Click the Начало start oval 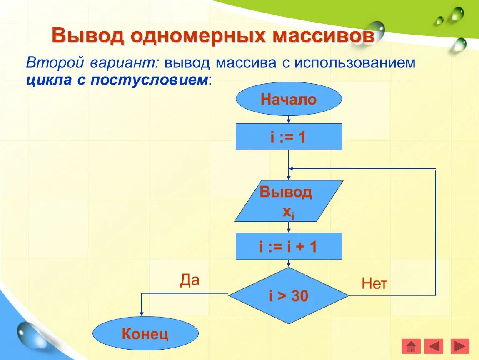pos(289,99)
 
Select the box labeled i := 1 pos(289,137)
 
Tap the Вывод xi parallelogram pos(289,201)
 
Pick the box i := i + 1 pos(289,246)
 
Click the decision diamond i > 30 pos(289,295)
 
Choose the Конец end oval pos(145,333)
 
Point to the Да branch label pos(190,280)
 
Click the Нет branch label pos(374,284)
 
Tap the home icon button pos(411,346)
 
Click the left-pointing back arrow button pos(434,346)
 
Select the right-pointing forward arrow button pos(460,346)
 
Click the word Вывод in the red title pos(88,36)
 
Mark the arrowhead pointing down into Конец pos(142,314)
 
